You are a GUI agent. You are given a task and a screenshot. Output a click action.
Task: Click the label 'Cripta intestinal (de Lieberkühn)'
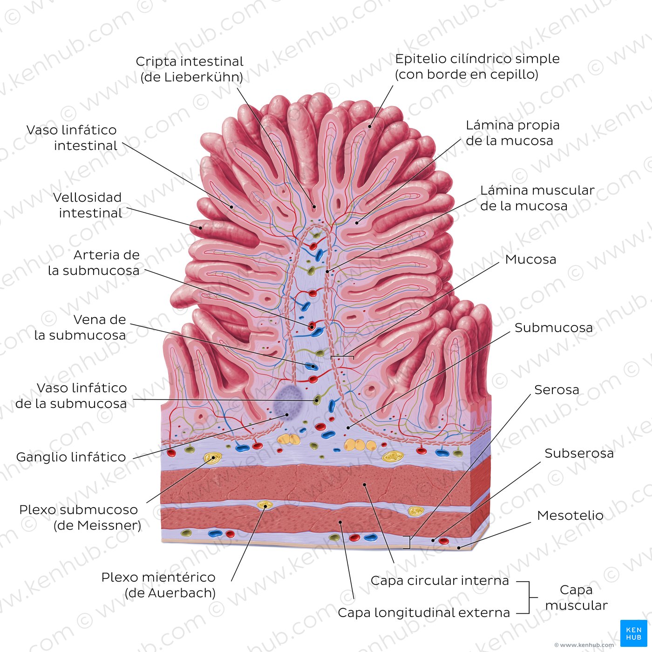pyautogui.click(x=190, y=69)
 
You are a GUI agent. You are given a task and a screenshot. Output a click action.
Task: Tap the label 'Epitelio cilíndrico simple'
pyautogui.click(x=477, y=59)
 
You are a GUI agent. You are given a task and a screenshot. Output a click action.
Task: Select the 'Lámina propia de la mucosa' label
pyautogui.click(x=513, y=133)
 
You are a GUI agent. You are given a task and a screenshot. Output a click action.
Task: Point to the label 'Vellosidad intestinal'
pyautogui.click(x=88, y=205)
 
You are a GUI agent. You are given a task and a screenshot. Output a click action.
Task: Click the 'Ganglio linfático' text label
pyautogui.click(x=71, y=457)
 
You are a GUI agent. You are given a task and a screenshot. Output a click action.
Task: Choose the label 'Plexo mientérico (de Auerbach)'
pyautogui.click(x=158, y=584)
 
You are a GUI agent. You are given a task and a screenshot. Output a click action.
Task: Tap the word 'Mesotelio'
pyautogui.click(x=570, y=515)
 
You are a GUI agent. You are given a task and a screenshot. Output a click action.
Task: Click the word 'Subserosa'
pyautogui.click(x=579, y=454)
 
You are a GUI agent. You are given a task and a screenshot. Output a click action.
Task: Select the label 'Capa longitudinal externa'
pyautogui.click(x=424, y=612)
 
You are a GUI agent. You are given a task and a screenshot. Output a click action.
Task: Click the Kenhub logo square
pyautogui.click(x=633, y=633)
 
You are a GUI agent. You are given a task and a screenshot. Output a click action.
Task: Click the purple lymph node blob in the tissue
pyautogui.click(x=288, y=403)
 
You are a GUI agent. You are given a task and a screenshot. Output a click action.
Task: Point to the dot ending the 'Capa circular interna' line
pyautogui.click(x=365, y=484)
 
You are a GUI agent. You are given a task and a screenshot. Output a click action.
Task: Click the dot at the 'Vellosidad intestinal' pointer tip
pyautogui.click(x=201, y=228)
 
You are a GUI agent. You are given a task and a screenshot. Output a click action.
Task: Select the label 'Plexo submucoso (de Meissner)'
pyautogui.click(x=80, y=517)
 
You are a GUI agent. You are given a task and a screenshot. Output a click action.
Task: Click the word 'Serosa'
pyautogui.click(x=557, y=390)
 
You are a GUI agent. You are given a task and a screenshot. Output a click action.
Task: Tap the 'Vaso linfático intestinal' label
pyautogui.click(x=72, y=138)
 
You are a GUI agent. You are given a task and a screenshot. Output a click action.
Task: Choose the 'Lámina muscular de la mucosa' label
pyautogui.click(x=537, y=198)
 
